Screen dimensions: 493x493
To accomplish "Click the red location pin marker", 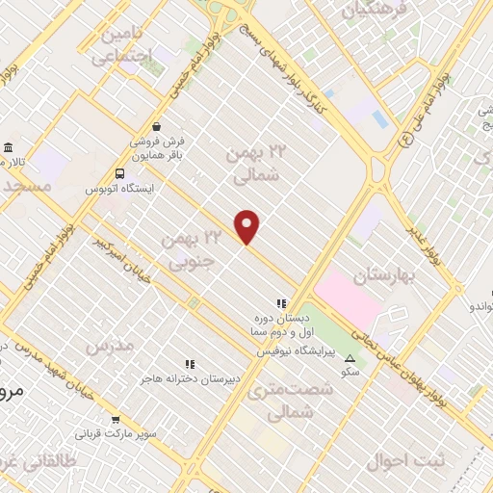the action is pos(247,226).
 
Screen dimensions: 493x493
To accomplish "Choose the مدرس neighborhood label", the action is pos(107,345).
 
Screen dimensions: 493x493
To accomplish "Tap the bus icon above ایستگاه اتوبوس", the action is pos(119,173).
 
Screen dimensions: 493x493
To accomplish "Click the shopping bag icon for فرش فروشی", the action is pos(157,126).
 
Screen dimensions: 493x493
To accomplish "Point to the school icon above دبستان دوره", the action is pos(280,302).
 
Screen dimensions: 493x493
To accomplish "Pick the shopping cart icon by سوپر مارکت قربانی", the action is pos(117,419).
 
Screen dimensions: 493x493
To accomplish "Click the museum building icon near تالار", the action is pos(9,148).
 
